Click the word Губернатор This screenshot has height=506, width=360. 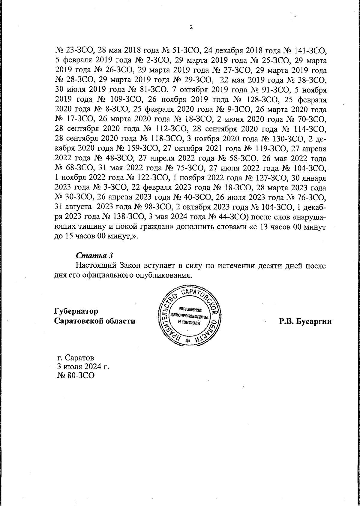click(x=76, y=311)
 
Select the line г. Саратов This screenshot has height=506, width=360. click(x=76, y=358)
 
